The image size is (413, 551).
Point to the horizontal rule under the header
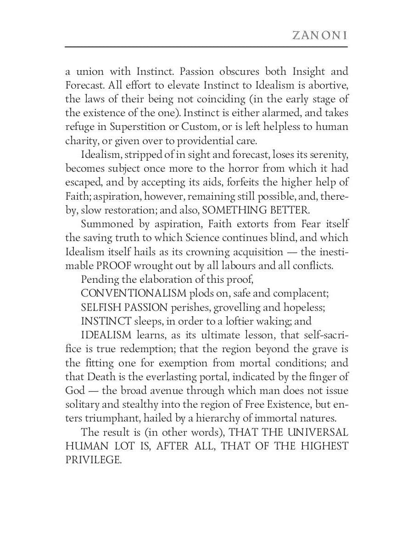pos(206,47)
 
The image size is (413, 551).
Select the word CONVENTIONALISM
pos(134,293)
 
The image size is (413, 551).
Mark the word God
pos(75,391)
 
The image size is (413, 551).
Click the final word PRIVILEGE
pos(93,460)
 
